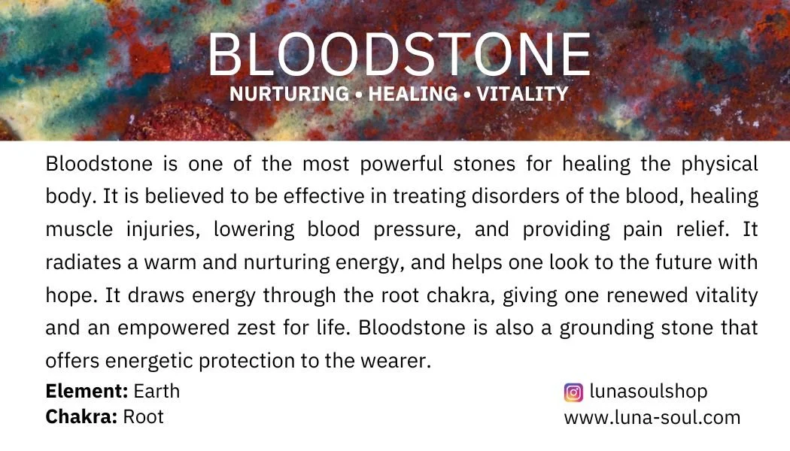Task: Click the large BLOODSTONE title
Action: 399,56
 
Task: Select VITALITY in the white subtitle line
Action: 522,95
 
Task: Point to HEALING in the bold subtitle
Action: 412,95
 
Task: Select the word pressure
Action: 418,230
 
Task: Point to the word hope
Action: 65,296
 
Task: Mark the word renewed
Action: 641,295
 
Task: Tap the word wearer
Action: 397,362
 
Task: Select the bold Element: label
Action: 87,392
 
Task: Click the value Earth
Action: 156,392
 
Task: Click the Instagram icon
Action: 573,392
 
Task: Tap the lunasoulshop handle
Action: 649,392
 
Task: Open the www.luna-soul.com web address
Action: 652,417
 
